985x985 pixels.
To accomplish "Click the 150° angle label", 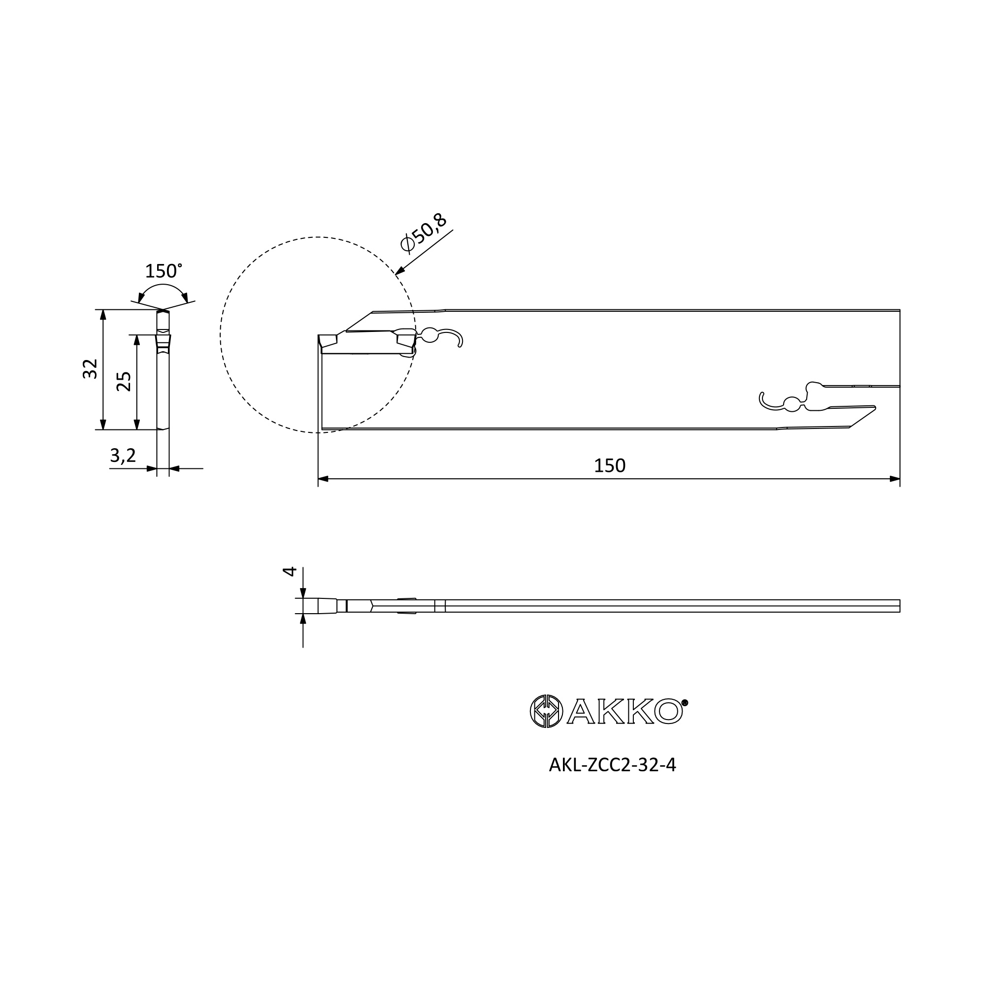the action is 163,271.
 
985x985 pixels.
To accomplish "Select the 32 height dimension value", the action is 90,368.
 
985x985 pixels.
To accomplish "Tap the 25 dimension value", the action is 124,381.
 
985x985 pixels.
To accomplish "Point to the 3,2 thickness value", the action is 123,456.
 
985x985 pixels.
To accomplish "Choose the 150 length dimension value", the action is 609,465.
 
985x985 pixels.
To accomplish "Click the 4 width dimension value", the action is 290,571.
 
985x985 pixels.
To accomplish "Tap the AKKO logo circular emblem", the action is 547,711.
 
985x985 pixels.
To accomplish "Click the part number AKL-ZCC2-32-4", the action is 612,780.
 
